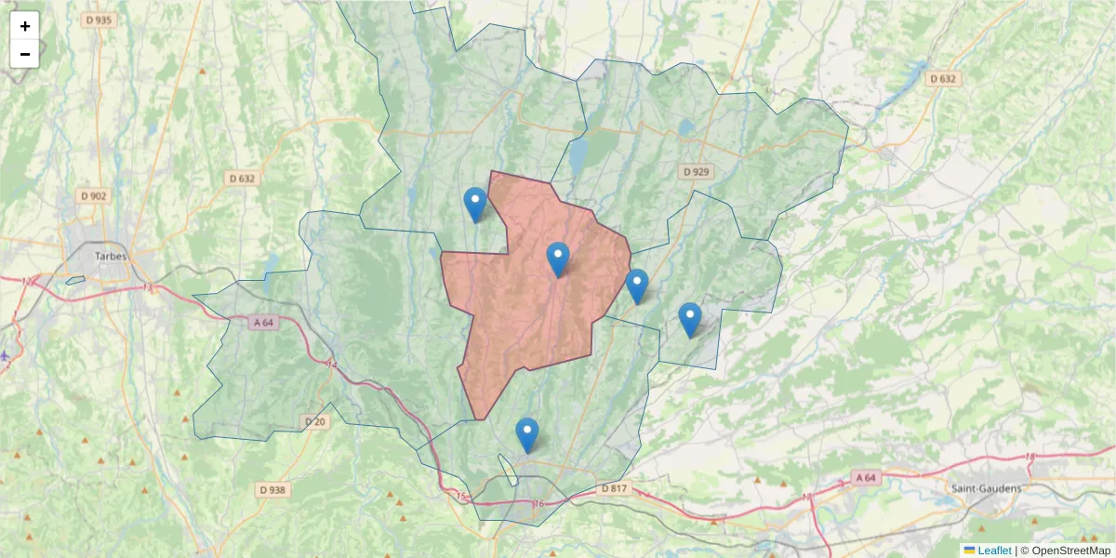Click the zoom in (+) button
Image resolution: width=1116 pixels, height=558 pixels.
[x=25, y=26]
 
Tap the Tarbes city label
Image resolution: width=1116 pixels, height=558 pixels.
[x=111, y=255]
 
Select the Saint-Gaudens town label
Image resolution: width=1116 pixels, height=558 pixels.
[x=986, y=488]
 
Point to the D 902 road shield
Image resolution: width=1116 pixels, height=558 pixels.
[x=95, y=195]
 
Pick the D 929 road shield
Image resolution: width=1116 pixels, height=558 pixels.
[x=696, y=172]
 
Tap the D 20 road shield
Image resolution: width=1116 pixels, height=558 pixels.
[x=316, y=422]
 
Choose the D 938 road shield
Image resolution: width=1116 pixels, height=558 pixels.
[x=272, y=489]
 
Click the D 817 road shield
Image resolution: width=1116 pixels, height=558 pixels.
[x=615, y=488]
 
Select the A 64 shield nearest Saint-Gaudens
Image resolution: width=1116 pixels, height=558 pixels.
[x=864, y=478]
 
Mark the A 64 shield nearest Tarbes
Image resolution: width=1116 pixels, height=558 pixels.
[x=266, y=322]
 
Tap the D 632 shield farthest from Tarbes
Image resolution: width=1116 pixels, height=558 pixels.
[x=943, y=79]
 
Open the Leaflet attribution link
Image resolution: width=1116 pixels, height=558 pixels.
[x=994, y=551]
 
